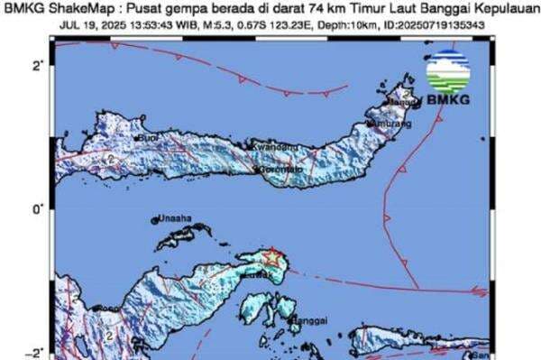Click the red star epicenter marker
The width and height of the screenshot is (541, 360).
click(271, 258)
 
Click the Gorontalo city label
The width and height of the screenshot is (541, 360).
click(282, 169)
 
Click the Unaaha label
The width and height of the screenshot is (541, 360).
click(176, 218)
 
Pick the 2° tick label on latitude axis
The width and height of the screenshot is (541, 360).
click(39, 66)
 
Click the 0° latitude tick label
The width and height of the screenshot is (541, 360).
click(39, 209)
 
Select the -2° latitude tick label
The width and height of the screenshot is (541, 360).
click(37, 353)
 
